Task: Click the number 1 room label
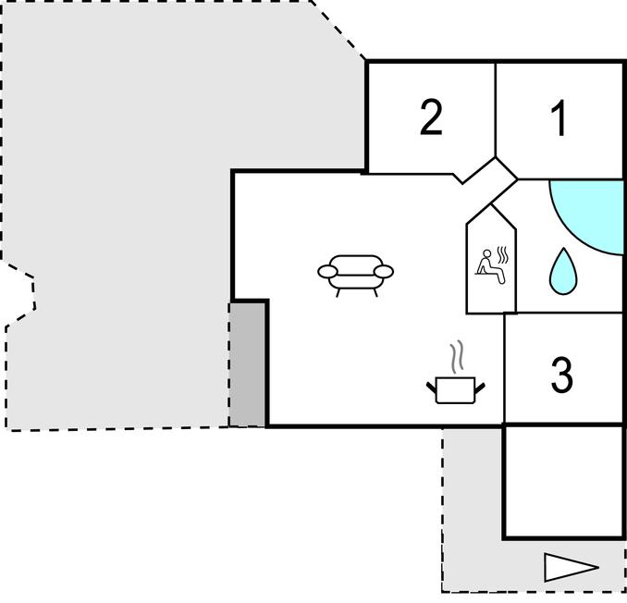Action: [559, 119]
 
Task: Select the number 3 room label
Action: [561, 375]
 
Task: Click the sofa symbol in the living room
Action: [355, 274]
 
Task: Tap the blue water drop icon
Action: [562, 270]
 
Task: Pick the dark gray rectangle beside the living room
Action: [248, 363]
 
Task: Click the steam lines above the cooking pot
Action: [455, 357]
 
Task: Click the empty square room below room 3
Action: [563, 480]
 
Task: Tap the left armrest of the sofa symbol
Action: [328, 271]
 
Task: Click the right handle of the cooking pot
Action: [480, 384]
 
